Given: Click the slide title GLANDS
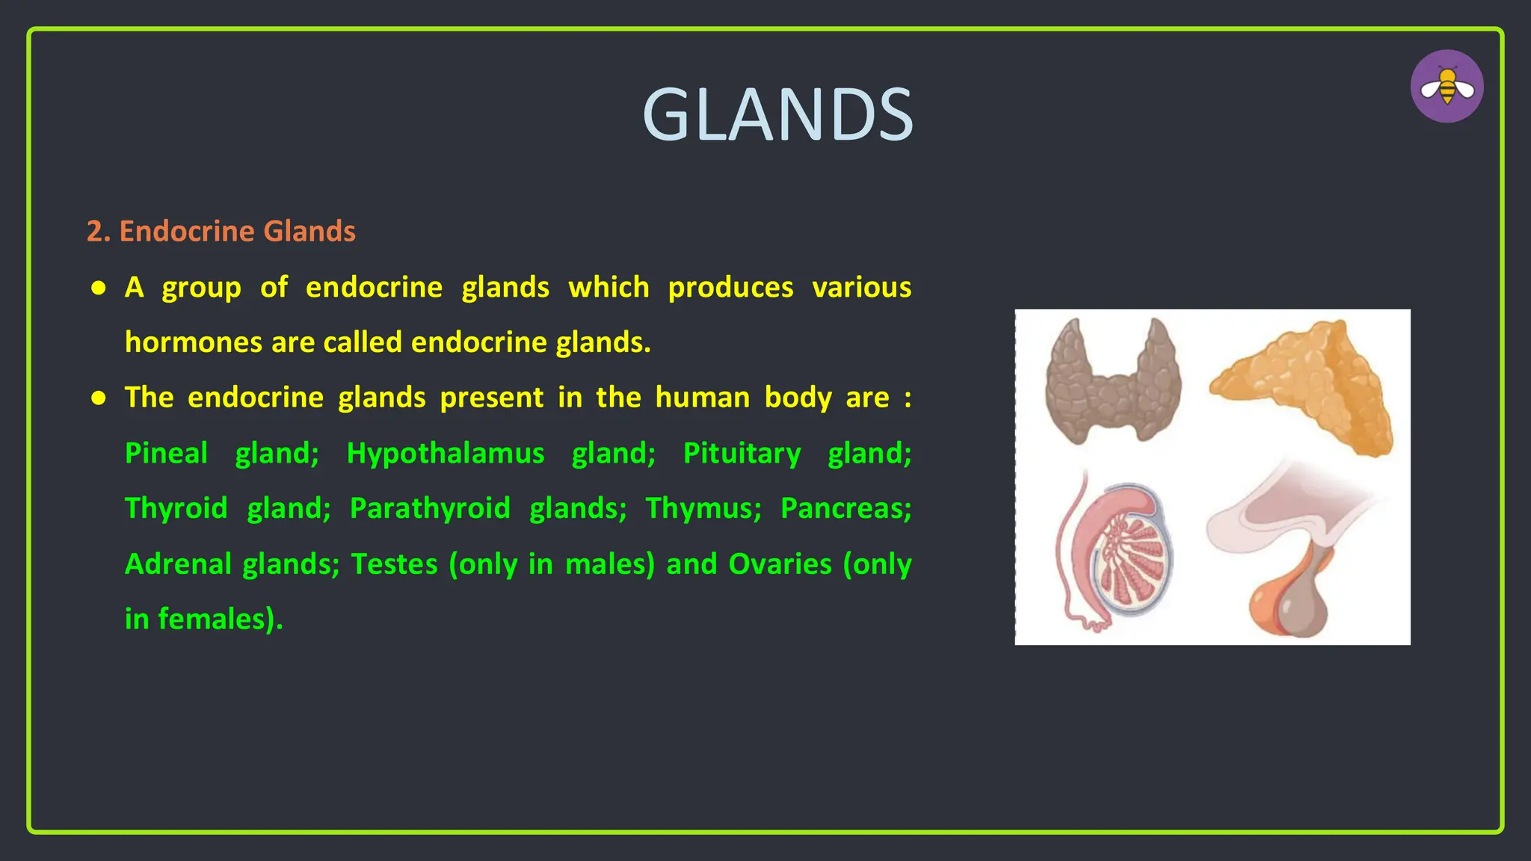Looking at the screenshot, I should tap(777, 115).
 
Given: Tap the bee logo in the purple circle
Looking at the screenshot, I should tap(1447, 87).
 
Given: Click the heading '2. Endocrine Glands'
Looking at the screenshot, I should tap(221, 231).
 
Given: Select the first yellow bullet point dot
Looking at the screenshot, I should tap(99, 288).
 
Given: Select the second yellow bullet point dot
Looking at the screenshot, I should tap(99, 398).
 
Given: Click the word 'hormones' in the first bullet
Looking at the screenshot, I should tap(193, 342).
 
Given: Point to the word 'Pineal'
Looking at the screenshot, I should tap(166, 453).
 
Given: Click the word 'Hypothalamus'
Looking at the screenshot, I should tap(446, 453).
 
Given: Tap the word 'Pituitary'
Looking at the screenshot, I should tap(742, 453).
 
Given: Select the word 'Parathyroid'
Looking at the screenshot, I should tap(430, 508).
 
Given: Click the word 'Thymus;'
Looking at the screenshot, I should tap(703, 508).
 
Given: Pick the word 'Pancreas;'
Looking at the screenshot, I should tap(845, 508).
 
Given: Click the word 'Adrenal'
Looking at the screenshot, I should tap(179, 564).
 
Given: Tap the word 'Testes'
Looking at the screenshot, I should tap(394, 564).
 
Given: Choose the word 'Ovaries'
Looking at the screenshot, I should tap(780, 564).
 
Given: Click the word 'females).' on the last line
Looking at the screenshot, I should tap(220, 619).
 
